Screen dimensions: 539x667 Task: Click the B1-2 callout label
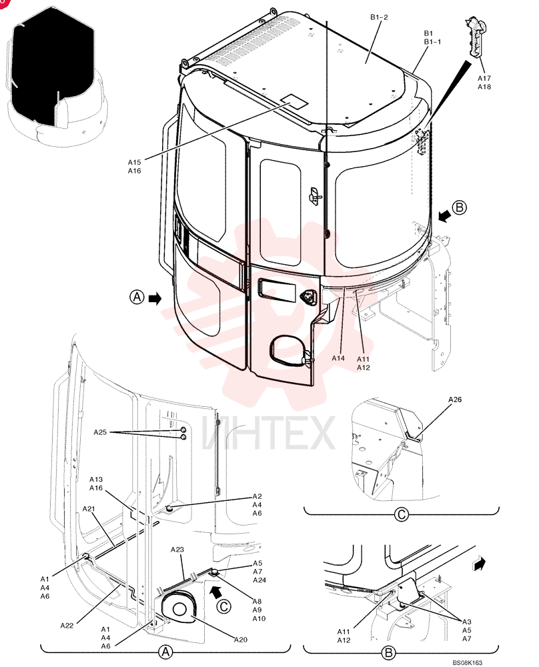379,17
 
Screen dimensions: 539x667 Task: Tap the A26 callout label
455,400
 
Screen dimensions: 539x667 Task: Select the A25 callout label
100,432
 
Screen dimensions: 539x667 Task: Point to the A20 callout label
241,640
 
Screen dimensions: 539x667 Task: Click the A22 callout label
67,626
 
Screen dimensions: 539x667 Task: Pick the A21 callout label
89,509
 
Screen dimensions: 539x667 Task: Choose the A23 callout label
177,550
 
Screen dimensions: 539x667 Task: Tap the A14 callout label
338,358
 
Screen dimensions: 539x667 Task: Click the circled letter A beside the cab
137,297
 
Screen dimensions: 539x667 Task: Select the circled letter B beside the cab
460,207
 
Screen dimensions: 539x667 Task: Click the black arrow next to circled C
217,591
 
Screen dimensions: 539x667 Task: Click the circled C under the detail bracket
401,515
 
